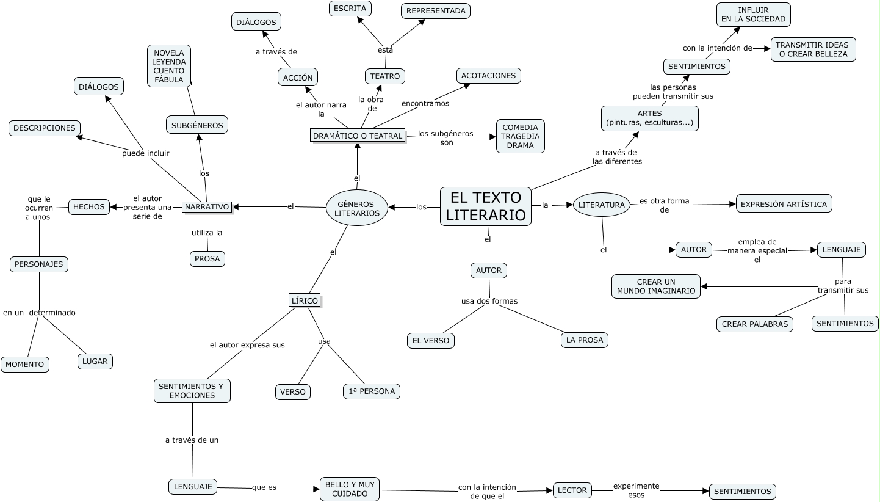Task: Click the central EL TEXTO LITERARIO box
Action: coord(485,206)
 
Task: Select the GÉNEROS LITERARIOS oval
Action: coord(357,208)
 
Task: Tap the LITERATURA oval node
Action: coord(602,205)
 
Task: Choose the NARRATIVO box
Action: coord(207,207)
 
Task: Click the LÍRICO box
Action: coord(304,300)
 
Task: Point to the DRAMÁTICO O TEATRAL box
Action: coord(358,136)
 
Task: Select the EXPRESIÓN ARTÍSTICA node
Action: coord(784,204)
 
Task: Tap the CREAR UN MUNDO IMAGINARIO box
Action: coord(655,286)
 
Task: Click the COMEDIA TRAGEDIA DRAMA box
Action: coord(520,136)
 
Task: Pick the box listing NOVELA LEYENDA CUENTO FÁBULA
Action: coord(169,66)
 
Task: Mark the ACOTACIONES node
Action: coord(488,76)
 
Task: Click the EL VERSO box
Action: coord(430,340)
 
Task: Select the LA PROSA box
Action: coord(584,340)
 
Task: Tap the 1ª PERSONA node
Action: coord(371,391)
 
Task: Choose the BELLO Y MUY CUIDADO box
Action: coord(350,489)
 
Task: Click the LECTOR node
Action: coord(572,490)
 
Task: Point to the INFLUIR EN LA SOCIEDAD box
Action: coord(753,15)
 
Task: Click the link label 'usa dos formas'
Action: coord(489,301)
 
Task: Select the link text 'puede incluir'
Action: coord(145,153)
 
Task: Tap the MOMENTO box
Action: coord(25,364)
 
